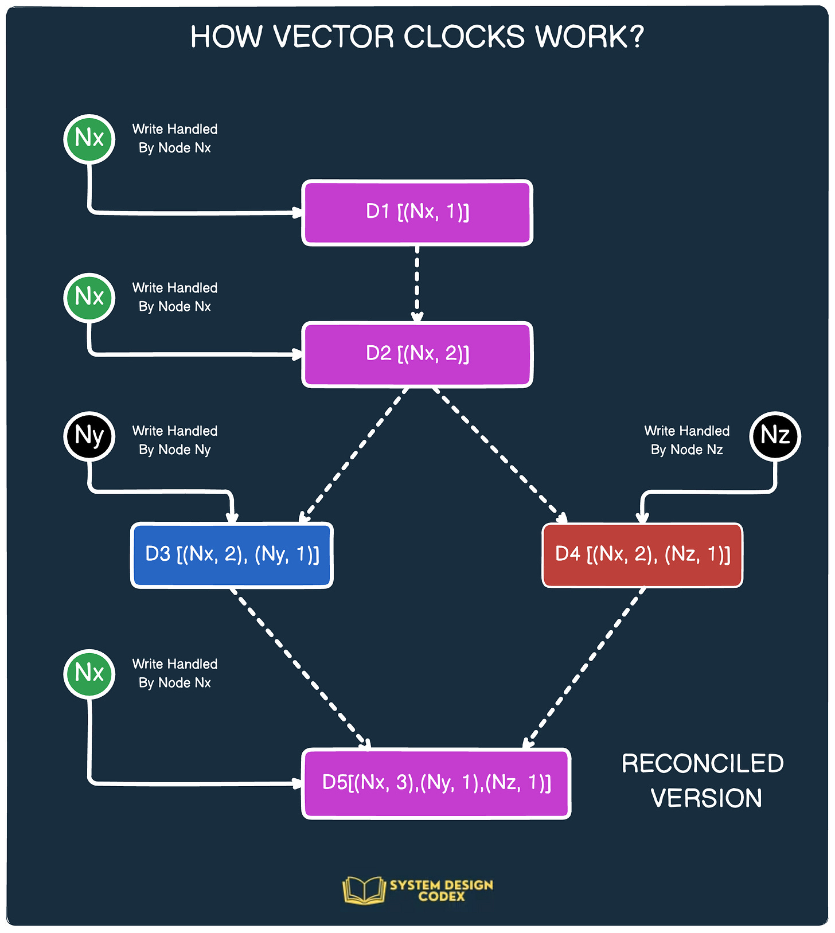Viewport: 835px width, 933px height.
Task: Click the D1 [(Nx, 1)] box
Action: pos(417,213)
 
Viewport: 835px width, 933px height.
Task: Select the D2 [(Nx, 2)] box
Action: pos(417,354)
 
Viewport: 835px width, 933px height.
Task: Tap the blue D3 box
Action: pos(232,555)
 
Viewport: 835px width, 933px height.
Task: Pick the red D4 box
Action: pos(642,555)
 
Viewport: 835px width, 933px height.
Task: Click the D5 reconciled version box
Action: pos(436,783)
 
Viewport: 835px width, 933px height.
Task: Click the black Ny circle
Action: pos(89,436)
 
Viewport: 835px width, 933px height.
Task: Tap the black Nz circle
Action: pos(775,436)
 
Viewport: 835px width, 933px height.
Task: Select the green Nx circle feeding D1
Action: pos(89,139)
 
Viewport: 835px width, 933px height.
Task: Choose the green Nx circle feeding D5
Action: pos(89,673)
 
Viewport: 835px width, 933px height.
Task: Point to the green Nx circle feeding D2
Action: pos(89,297)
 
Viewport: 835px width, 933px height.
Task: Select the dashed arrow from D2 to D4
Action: pos(498,455)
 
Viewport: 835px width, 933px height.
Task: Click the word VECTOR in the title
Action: pos(333,37)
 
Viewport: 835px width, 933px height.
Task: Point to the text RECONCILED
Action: pos(703,764)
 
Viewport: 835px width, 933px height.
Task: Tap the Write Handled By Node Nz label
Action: pos(686,440)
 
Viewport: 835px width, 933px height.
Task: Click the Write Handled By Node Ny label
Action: pos(175,440)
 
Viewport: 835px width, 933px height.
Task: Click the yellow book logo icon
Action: pos(364,890)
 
